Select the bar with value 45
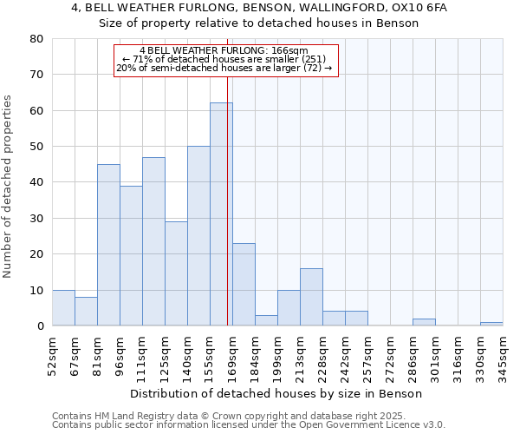108,245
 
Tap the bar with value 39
131,256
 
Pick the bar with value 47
153,241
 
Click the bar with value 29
176,273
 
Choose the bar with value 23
244,285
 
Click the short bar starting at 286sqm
424,322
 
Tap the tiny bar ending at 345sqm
491,324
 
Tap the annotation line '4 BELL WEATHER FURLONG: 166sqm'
224,50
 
